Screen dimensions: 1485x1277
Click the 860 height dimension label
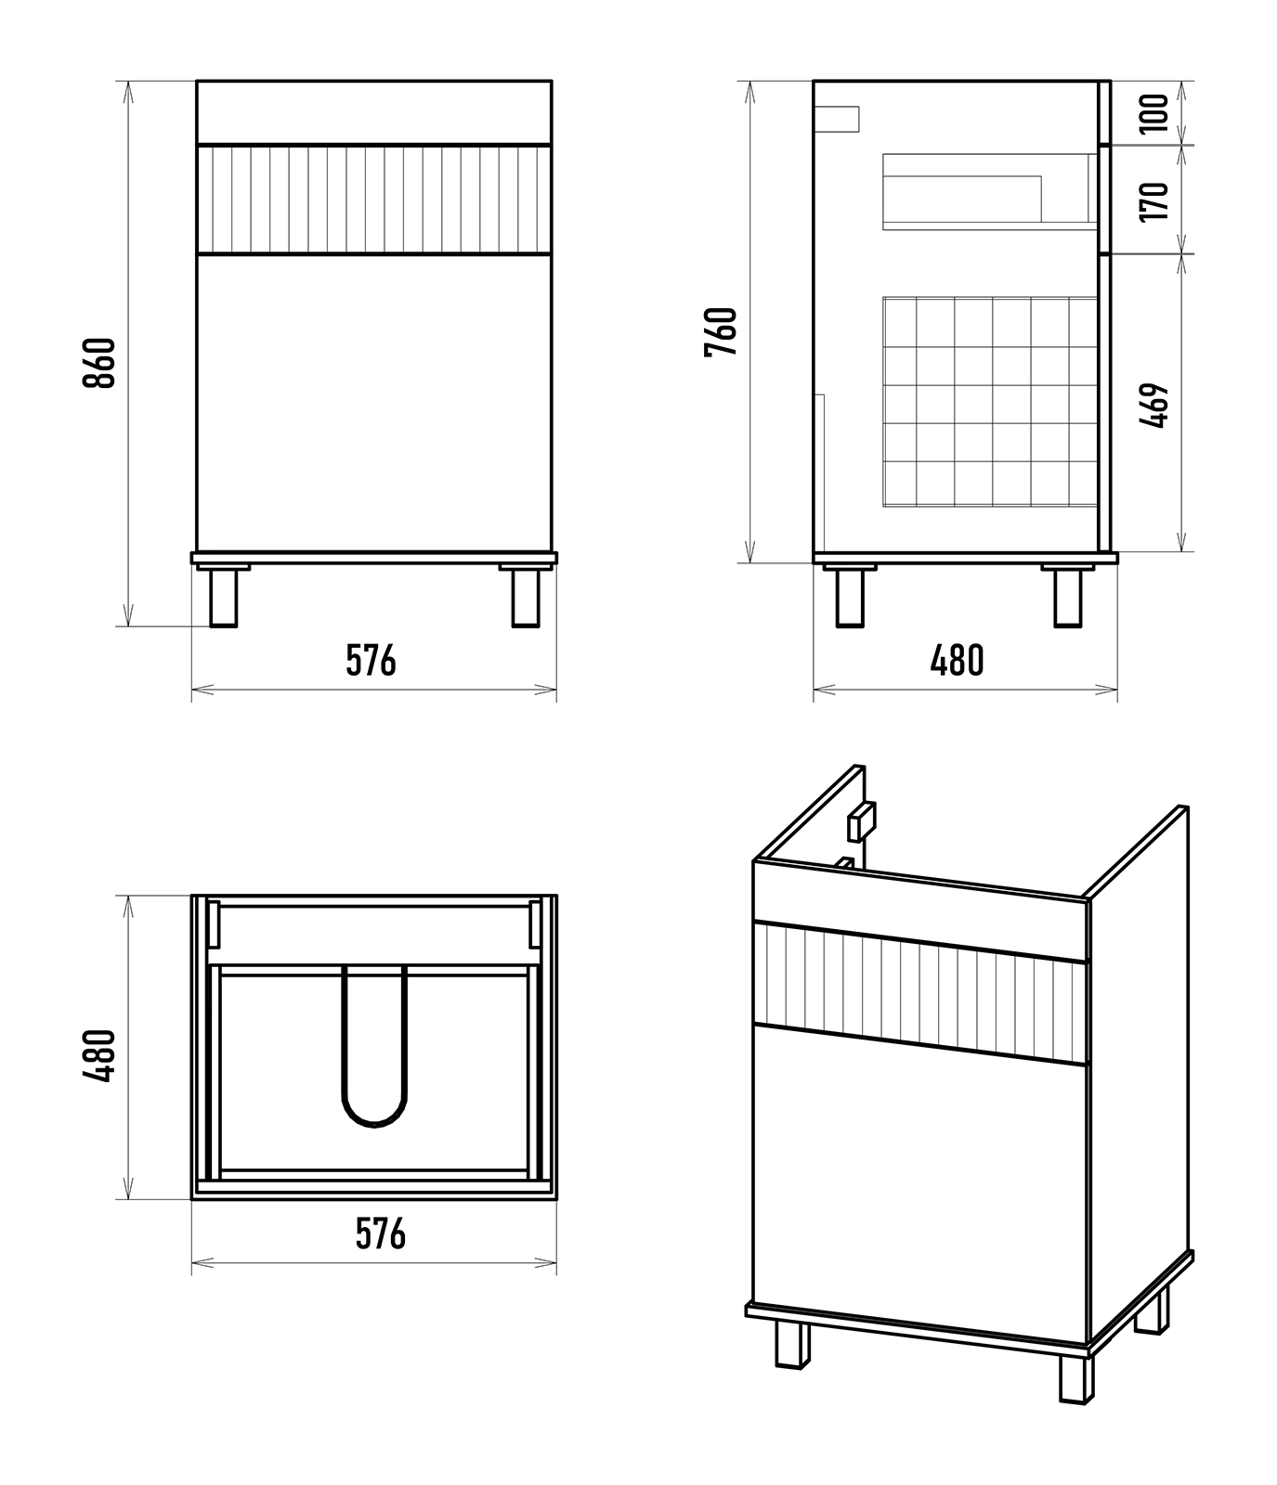point(99,363)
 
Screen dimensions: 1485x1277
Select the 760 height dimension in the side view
point(722,331)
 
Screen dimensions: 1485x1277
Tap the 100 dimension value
point(1154,113)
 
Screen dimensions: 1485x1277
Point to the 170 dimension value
point(1154,201)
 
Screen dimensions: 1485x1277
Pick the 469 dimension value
point(1154,406)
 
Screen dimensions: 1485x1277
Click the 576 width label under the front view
point(371,661)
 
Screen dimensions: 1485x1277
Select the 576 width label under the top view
point(381,1233)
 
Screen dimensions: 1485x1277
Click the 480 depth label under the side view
point(957,661)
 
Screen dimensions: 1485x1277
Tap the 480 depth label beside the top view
point(99,1055)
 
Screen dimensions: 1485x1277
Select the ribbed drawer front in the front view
point(374,199)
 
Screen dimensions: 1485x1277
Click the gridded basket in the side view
point(990,401)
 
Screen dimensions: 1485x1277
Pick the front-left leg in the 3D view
point(792,1344)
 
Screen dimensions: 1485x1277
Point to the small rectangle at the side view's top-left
point(837,120)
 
